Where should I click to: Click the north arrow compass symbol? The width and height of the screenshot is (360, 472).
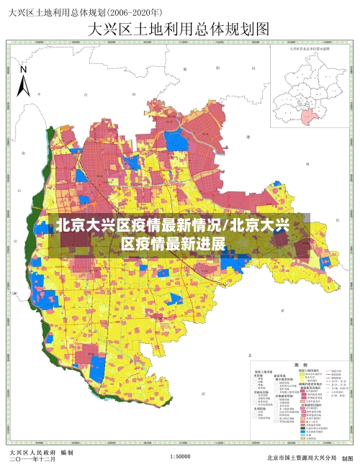click(x=23, y=81)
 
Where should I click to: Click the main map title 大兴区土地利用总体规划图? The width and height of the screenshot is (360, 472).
click(x=178, y=29)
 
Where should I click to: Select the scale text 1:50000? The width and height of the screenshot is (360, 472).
click(x=180, y=457)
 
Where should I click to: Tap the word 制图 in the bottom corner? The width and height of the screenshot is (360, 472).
click(x=348, y=458)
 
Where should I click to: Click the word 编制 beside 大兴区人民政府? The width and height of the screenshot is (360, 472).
click(x=67, y=453)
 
